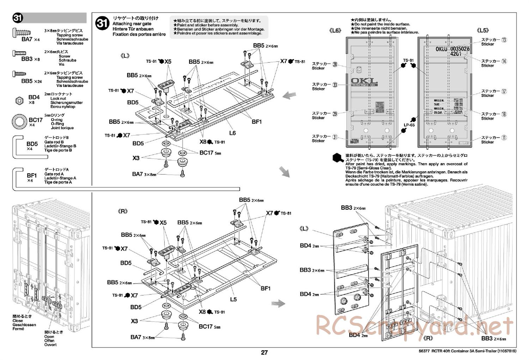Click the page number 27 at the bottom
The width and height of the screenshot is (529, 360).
click(x=264, y=352)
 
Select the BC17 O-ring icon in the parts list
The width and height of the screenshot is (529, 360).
click(x=19, y=121)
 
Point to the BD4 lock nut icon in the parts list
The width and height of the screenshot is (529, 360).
click(x=19, y=101)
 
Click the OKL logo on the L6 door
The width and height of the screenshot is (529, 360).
click(x=364, y=82)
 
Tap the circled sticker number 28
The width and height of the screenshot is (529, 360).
click(x=335, y=64)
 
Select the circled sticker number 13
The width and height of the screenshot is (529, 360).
click(x=504, y=40)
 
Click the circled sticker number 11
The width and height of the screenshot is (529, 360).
click(x=504, y=138)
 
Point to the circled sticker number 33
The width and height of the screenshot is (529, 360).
click(x=335, y=85)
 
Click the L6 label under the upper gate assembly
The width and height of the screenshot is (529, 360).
click(x=232, y=133)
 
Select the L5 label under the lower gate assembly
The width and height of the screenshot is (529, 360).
click(x=233, y=299)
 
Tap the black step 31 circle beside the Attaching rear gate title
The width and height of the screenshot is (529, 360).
click(x=103, y=24)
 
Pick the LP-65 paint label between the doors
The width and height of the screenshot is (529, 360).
click(x=409, y=125)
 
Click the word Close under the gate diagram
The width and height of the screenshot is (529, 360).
click(x=18, y=320)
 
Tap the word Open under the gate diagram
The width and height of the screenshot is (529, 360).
click(x=49, y=336)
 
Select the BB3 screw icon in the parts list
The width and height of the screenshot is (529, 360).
click(x=19, y=53)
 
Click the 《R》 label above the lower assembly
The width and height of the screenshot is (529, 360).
click(x=122, y=211)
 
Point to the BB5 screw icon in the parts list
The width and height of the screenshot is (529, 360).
click(x=19, y=74)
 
